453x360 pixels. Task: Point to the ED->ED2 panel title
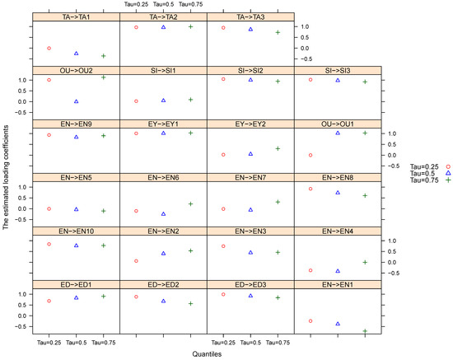pos(163,284)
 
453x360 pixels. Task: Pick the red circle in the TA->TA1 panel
pos(49,49)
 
